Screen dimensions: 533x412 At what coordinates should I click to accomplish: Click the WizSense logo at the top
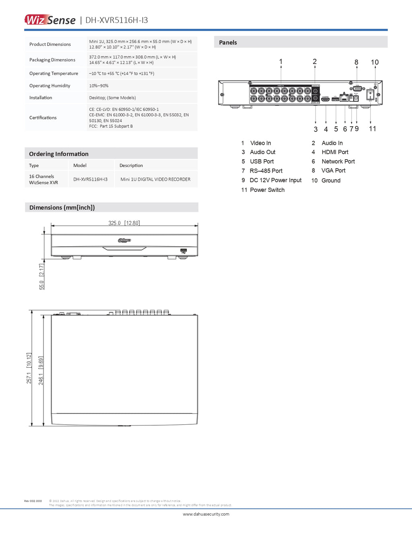coord(50,20)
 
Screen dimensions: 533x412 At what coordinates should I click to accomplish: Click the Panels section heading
coord(228,42)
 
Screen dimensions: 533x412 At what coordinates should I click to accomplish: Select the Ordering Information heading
coord(59,154)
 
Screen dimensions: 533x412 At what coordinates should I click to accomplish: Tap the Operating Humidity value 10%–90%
coord(99,86)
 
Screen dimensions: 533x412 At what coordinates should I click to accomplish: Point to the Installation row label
coord(41,98)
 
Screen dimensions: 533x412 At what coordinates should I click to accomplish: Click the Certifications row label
coord(43,117)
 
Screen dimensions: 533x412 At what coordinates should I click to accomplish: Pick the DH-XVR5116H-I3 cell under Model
coord(90,179)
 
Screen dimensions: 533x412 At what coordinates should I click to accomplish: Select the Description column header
coord(131,165)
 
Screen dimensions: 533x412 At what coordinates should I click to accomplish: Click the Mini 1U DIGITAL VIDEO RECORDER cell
coord(155,179)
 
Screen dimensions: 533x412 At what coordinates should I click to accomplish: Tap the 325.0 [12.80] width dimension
coord(124,223)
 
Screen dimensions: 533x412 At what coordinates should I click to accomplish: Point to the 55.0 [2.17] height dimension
coord(41,277)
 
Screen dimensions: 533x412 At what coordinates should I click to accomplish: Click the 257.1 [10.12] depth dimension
coord(29,368)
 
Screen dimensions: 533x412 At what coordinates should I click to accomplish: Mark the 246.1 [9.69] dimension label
coord(41,370)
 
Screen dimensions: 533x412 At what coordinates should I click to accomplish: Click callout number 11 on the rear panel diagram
coord(373,129)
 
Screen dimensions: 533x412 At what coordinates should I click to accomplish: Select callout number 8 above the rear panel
coord(356,62)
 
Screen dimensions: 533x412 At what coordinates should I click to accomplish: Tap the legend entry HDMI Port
coord(335,152)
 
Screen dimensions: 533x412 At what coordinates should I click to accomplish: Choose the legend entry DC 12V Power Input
coord(275,180)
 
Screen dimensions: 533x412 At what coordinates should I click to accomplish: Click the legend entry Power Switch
coord(267,190)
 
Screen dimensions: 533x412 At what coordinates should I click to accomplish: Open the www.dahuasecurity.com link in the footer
coord(206,514)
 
